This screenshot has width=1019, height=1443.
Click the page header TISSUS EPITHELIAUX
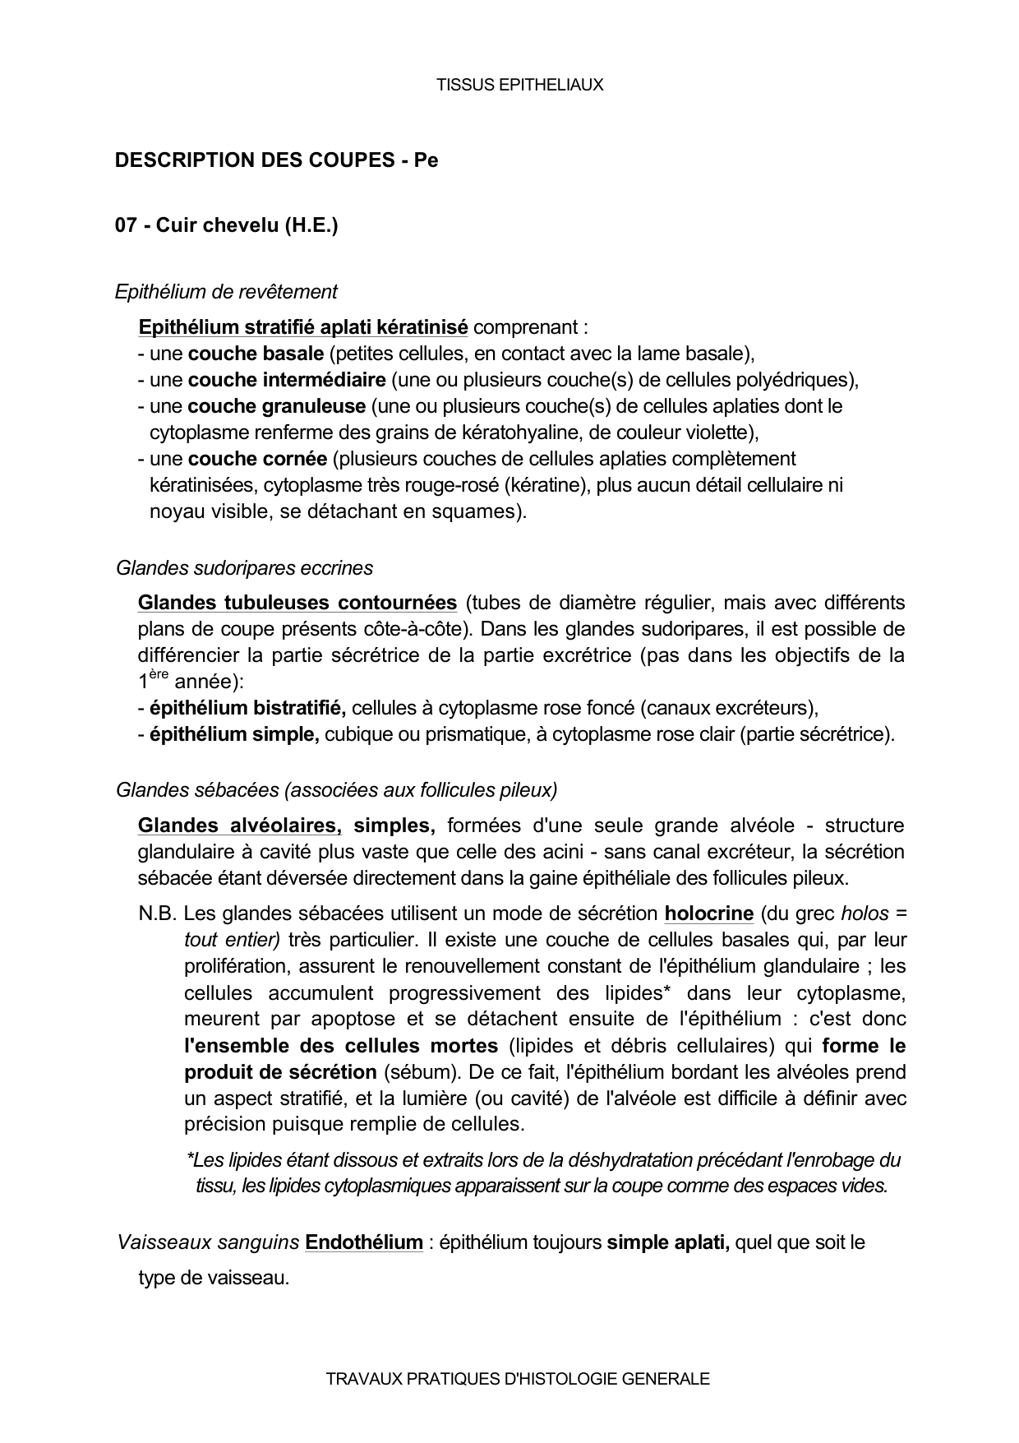coord(519,85)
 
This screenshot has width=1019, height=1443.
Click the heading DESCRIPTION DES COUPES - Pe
coord(276,160)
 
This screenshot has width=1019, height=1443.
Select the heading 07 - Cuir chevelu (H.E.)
coord(226,225)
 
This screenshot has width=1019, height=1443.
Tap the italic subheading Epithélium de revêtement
coord(226,292)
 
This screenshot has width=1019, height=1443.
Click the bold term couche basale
coord(256,354)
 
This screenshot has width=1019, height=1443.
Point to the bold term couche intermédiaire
coord(287,380)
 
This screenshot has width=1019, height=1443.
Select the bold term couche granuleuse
coord(277,406)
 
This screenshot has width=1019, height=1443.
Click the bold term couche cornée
coord(257,459)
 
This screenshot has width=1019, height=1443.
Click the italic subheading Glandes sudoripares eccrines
coord(244,568)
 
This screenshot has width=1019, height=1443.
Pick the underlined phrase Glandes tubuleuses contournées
coord(297,603)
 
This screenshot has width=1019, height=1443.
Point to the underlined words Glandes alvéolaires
coord(240,826)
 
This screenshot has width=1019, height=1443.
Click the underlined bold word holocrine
coord(708,913)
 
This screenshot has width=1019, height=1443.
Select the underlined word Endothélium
coord(363,1242)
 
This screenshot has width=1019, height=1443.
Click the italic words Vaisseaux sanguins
coord(208,1242)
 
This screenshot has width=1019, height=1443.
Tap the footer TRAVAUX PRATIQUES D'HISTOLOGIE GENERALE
coord(517,1379)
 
